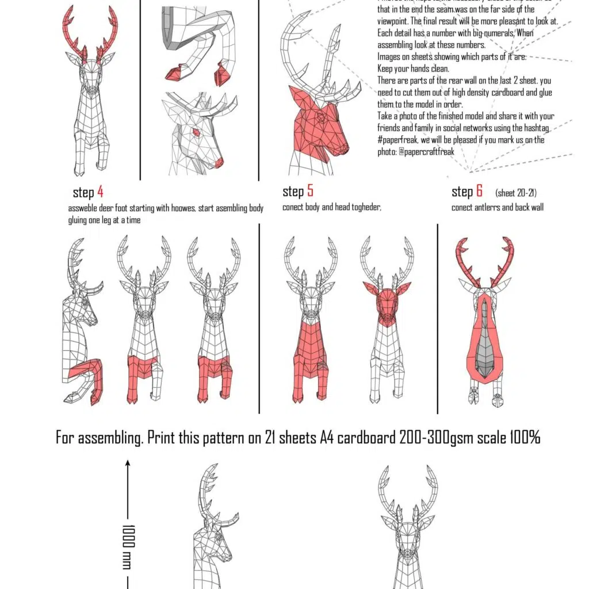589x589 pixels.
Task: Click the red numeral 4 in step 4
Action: tap(100, 192)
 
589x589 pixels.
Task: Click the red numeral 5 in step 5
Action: tap(310, 191)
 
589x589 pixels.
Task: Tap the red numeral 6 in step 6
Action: tap(479, 192)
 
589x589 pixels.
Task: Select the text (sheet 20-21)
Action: tap(516, 193)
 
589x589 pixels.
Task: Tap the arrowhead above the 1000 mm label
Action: tap(128, 462)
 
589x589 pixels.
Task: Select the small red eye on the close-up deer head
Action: tap(195, 133)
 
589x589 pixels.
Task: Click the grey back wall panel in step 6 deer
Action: tap(487, 339)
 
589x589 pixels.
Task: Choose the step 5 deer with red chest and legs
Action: tap(309, 322)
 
